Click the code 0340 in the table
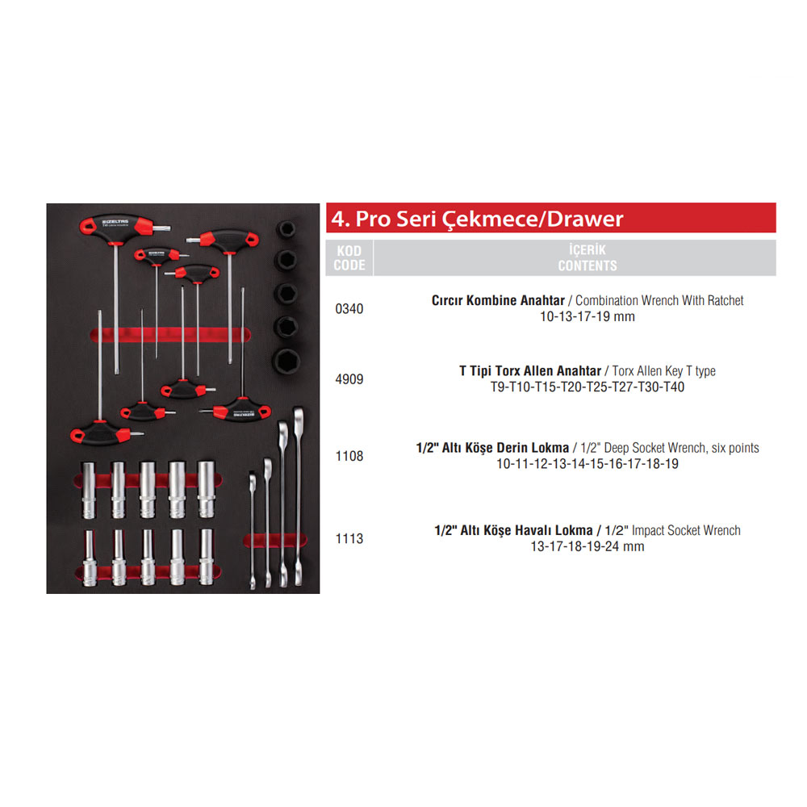(x=349, y=309)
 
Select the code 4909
(x=349, y=379)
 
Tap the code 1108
(x=349, y=456)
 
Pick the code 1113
(x=349, y=539)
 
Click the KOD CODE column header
(x=349, y=258)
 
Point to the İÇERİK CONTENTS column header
(x=587, y=258)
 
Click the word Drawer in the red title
(x=585, y=220)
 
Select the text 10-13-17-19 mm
(x=587, y=316)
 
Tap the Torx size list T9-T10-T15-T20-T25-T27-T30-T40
(x=587, y=387)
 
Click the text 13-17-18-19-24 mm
(x=587, y=546)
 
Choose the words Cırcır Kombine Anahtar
(x=498, y=300)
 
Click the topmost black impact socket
(x=286, y=229)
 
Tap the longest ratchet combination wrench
(x=298, y=496)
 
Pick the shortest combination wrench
(x=252, y=530)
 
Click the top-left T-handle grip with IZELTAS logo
(x=116, y=225)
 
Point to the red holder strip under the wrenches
(x=275, y=541)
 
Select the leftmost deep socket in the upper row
(x=89, y=490)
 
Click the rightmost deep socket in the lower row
(x=207, y=557)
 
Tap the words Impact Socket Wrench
(x=686, y=531)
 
